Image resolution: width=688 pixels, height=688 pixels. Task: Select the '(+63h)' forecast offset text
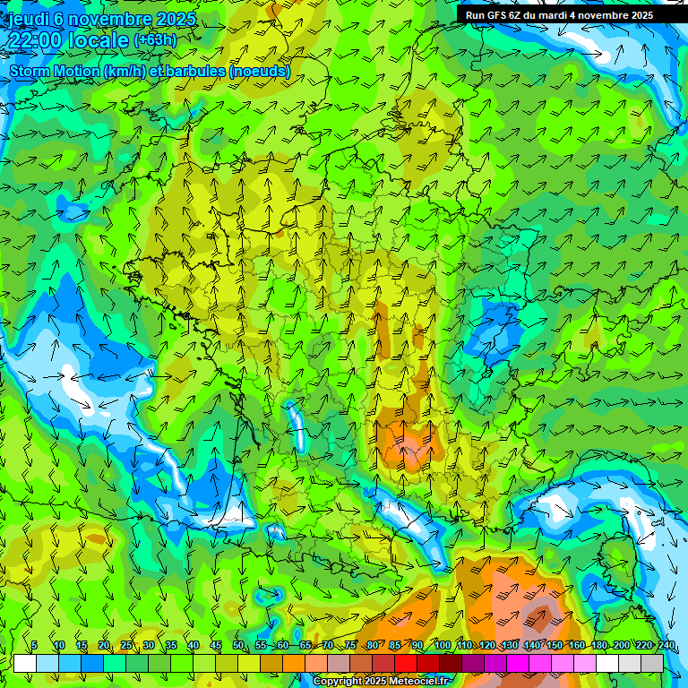point(155,40)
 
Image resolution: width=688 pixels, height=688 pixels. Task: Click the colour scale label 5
point(34,646)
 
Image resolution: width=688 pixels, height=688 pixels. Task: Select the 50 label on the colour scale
point(237,646)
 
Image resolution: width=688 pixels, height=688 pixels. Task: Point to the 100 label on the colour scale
point(442,646)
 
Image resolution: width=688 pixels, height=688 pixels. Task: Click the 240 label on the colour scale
point(666,646)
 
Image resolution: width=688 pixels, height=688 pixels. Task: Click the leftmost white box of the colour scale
point(25,663)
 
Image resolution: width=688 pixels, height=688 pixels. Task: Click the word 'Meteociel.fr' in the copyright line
point(418,682)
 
